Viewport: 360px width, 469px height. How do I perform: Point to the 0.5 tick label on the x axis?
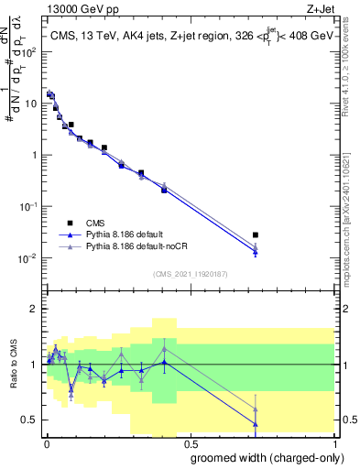[x=189, y=442]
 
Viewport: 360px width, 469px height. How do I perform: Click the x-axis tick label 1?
[x=333, y=442]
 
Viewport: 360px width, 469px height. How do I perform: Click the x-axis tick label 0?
[x=46, y=442]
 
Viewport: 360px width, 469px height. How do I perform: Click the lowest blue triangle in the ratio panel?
[x=256, y=424]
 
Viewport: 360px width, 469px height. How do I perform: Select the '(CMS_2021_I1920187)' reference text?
[x=190, y=273]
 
